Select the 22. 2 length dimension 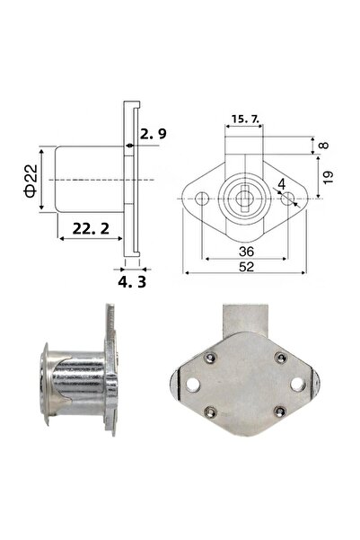(x=88, y=230)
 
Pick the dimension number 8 (x=322, y=145)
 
